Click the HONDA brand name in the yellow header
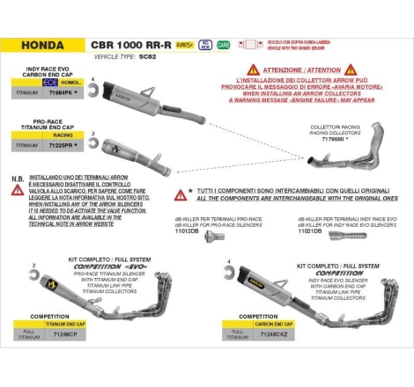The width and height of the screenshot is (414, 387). [42, 43]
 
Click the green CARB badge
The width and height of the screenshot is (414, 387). [223, 43]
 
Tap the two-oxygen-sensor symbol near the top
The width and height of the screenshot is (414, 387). [254, 43]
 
